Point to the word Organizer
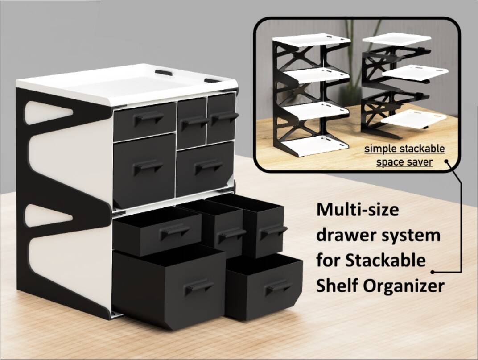pyautogui.click(x=404, y=286)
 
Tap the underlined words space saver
pyautogui.click(x=404, y=161)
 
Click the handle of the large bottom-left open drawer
pyautogui.click(x=199, y=286)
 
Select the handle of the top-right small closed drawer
pyautogui.click(x=225, y=116)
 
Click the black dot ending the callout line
pyautogui.click(x=433, y=271)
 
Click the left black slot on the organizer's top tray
pyautogui.click(x=163, y=72)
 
